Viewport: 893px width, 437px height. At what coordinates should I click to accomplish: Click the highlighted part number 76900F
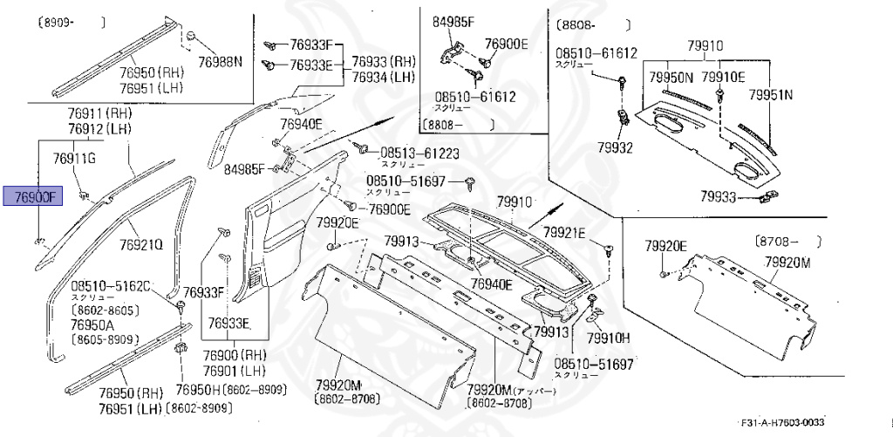[x=34, y=197]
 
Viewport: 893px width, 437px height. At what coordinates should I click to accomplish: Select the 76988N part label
[x=221, y=61]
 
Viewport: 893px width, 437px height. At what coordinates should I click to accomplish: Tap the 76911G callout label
[x=74, y=158]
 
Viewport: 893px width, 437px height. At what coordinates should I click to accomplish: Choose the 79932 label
[x=616, y=147]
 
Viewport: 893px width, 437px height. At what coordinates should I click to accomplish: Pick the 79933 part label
[x=719, y=198]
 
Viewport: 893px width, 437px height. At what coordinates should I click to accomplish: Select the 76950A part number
[x=94, y=324]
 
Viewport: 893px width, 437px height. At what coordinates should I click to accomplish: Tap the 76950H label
[x=198, y=390]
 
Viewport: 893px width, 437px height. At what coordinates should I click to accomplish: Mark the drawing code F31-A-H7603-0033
[x=781, y=420]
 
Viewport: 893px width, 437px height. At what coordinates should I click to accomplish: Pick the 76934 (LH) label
[x=383, y=77]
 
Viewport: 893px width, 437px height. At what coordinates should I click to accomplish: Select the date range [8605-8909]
[x=106, y=338]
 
